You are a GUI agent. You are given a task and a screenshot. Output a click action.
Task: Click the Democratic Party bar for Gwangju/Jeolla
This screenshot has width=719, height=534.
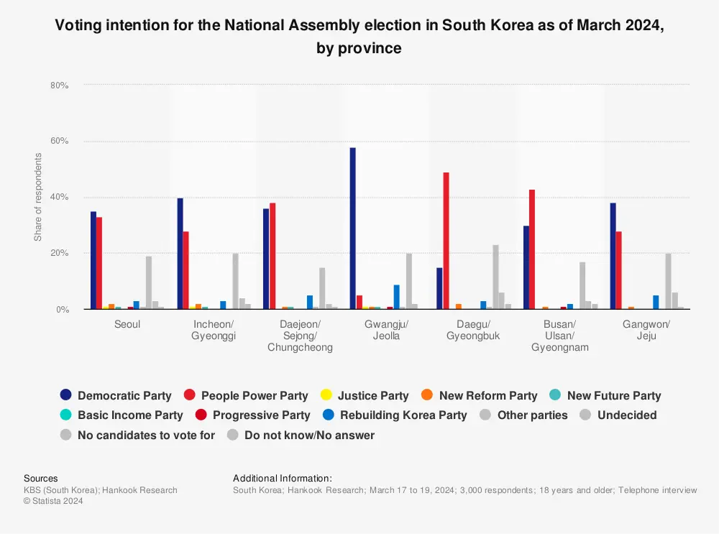point(353,229)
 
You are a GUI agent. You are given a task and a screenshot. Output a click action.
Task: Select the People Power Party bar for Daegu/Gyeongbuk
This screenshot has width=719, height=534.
point(446,241)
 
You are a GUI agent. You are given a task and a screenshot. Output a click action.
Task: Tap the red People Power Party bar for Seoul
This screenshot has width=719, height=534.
point(99,263)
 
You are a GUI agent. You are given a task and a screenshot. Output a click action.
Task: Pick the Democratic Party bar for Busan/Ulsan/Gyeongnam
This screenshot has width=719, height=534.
point(526,267)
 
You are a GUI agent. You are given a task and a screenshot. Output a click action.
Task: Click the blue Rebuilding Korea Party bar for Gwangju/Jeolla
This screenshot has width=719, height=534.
point(396,297)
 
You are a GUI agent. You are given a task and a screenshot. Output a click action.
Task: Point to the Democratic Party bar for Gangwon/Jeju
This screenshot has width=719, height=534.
point(613,256)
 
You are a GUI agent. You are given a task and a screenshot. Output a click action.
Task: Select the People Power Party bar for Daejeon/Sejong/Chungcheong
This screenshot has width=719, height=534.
point(273,256)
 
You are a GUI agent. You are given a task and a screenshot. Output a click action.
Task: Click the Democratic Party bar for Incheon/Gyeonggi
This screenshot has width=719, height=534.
point(180,254)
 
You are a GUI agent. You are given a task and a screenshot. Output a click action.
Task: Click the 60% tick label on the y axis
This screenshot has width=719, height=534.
point(59,142)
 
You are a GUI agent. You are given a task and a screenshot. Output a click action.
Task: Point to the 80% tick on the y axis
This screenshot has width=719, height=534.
point(59,86)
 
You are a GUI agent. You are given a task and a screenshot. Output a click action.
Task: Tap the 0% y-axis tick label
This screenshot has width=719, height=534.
point(61,310)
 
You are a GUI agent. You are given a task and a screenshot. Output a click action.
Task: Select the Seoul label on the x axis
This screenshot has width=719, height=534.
point(127,324)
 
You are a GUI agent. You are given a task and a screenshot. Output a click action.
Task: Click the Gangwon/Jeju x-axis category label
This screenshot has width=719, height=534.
point(646,330)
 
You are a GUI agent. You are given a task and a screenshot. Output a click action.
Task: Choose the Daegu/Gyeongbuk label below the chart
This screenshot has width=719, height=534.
point(473,330)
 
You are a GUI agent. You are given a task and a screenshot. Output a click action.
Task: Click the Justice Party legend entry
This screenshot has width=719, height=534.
point(365,395)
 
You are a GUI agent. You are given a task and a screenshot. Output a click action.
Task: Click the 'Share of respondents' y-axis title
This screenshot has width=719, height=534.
point(38,197)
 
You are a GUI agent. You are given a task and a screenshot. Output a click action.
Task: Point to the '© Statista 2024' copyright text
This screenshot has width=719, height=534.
point(53,501)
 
